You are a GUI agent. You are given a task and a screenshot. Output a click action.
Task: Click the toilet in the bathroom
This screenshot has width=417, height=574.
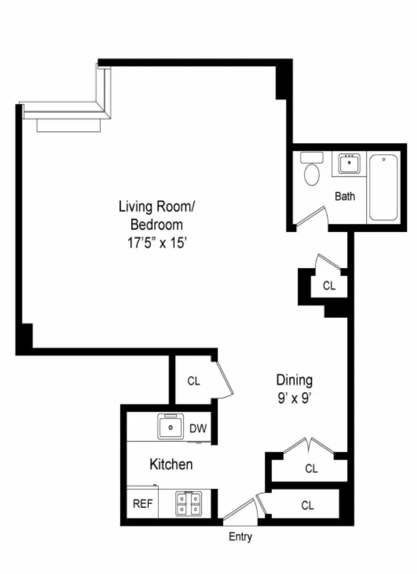(x=312, y=173)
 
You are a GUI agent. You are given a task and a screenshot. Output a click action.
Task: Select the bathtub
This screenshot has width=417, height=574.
(x=383, y=187)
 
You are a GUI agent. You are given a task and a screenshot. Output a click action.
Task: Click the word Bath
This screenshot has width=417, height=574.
(x=345, y=196)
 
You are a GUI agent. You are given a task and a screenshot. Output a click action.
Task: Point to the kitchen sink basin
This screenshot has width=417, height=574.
(x=172, y=428)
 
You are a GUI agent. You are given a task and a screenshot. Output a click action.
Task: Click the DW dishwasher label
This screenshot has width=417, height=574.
(x=198, y=429)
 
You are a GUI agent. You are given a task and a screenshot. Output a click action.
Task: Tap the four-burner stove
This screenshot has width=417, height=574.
(x=188, y=504)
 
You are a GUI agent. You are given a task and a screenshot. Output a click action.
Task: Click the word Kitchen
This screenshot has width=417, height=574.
(x=171, y=465)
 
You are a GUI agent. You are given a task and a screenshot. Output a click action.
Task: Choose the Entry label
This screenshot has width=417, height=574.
(x=240, y=537)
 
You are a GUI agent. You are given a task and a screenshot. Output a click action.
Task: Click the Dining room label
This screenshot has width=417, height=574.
(x=294, y=380)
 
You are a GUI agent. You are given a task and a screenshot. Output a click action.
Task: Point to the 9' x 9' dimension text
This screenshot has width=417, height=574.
(x=294, y=399)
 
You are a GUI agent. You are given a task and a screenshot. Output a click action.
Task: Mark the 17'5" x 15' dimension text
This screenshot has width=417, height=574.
(x=157, y=242)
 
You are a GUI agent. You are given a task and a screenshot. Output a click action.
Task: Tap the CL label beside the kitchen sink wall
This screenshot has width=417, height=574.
(x=193, y=381)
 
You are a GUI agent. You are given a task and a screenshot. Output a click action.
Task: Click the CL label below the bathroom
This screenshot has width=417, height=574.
(x=329, y=286)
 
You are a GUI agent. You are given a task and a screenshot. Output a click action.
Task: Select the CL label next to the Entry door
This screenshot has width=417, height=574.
(x=308, y=506)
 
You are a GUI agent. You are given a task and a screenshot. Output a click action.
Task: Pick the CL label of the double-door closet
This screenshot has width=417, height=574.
(x=311, y=468)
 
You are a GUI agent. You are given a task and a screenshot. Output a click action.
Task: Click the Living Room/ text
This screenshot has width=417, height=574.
(x=157, y=207)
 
